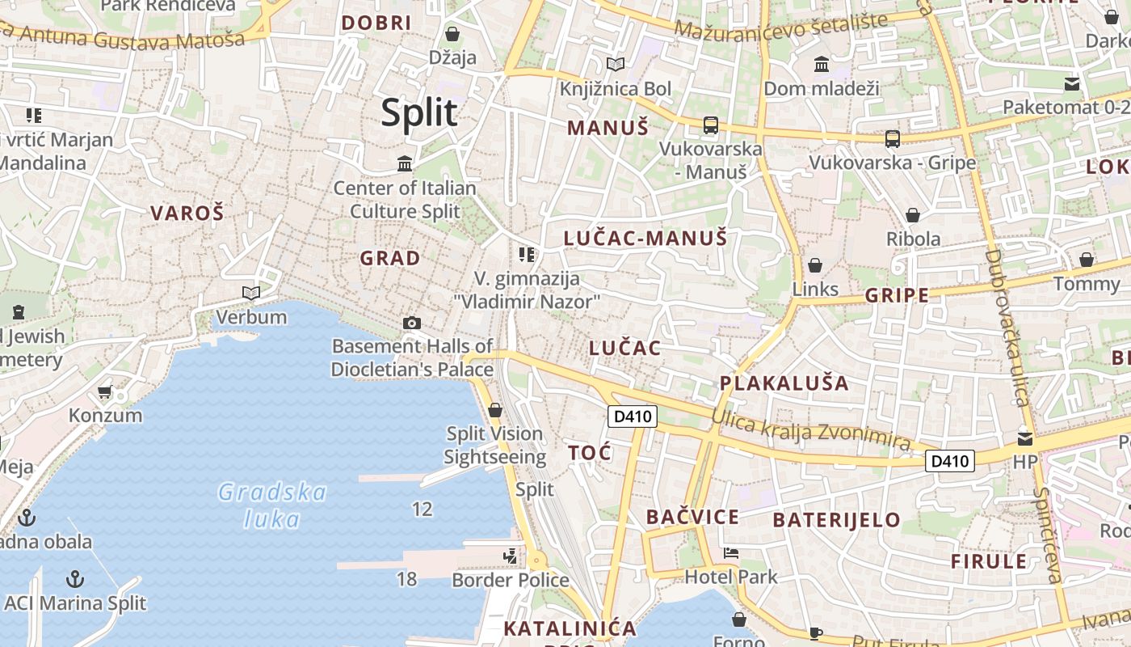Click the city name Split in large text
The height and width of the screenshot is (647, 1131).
(x=418, y=112)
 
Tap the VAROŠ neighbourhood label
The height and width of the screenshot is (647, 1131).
(x=187, y=214)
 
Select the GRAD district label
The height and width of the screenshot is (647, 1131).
(x=390, y=259)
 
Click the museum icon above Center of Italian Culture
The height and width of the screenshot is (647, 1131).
(x=405, y=165)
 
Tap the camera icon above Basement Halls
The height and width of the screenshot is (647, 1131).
(x=411, y=323)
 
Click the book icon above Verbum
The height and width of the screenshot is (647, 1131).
(x=251, y=293)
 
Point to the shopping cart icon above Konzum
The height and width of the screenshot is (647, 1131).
(x=104, y=392)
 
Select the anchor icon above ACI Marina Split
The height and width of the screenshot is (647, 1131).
(x=75, y=579)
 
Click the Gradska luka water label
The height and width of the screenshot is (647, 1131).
(x=272, y=505)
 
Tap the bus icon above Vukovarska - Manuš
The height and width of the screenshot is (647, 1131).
(x=711, y=125)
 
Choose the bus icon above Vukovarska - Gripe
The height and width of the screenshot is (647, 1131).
(x=893, y=139)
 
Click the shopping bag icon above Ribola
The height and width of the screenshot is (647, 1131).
(x=913, y=215)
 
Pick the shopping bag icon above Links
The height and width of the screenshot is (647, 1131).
(x=815, y=265)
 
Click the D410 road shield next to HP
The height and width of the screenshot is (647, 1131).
(x=950, y=462)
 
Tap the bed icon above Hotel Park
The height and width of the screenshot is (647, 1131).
(x=731, y=554)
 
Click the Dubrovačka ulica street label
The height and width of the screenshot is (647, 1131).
(x=1006, y=328)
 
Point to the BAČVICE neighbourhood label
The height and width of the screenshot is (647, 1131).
(x=692, y=518)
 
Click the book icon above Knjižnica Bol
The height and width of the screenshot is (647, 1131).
(x=616, y=64)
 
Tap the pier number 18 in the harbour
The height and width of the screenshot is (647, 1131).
(x=406, y=579)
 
